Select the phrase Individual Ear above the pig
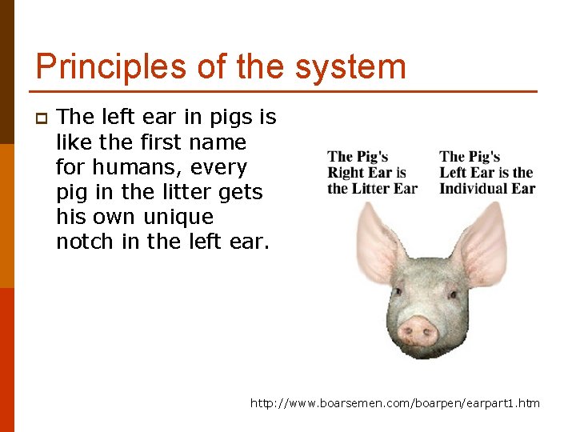(x=487, y=189)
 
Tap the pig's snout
(x=418, y=330)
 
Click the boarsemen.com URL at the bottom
(x=395, y=403)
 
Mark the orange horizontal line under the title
(x=286, y=91)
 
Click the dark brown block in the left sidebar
(x=7, y=72)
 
